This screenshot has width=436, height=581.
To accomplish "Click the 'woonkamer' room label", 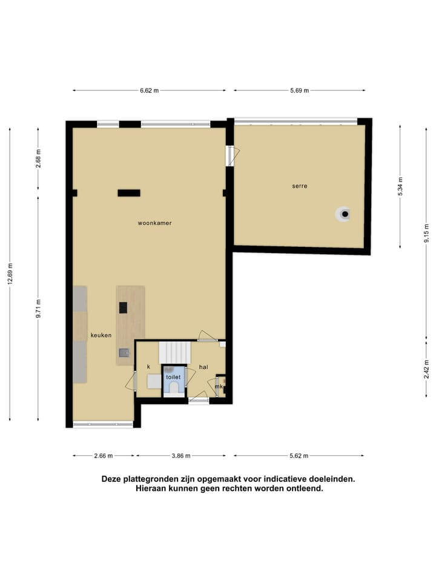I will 154,223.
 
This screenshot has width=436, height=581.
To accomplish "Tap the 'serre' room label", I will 299,186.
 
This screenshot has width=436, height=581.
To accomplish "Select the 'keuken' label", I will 101,335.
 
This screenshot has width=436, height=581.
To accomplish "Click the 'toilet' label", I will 174,376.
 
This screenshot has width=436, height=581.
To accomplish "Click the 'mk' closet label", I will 219,386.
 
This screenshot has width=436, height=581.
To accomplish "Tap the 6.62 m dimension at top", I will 149,91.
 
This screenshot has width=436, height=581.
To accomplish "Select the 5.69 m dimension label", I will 299,91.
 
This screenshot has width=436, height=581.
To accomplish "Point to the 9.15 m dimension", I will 426,229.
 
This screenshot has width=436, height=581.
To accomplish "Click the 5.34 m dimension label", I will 400,186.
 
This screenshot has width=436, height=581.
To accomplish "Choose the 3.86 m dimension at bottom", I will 180,456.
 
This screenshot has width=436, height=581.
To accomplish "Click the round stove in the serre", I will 344,214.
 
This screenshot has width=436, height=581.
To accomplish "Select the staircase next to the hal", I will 174,352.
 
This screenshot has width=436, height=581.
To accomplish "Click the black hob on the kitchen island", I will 123,307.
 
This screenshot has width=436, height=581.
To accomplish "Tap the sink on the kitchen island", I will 124,352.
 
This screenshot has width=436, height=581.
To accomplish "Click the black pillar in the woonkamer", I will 128,193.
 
